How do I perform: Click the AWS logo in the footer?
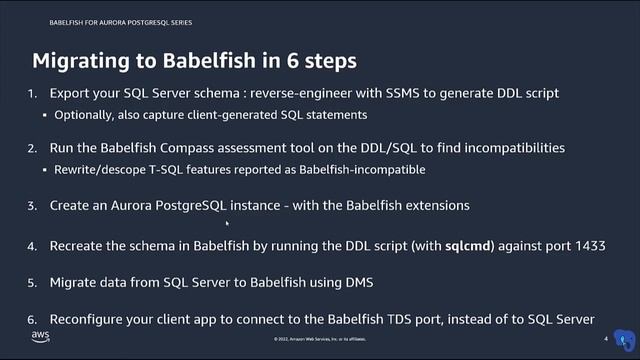click(x=41, y=335)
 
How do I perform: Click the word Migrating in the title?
click(x=83, y=61)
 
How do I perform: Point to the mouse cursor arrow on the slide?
click(x=231, y=225)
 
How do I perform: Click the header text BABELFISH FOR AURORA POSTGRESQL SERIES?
click(x=107, y=21)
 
